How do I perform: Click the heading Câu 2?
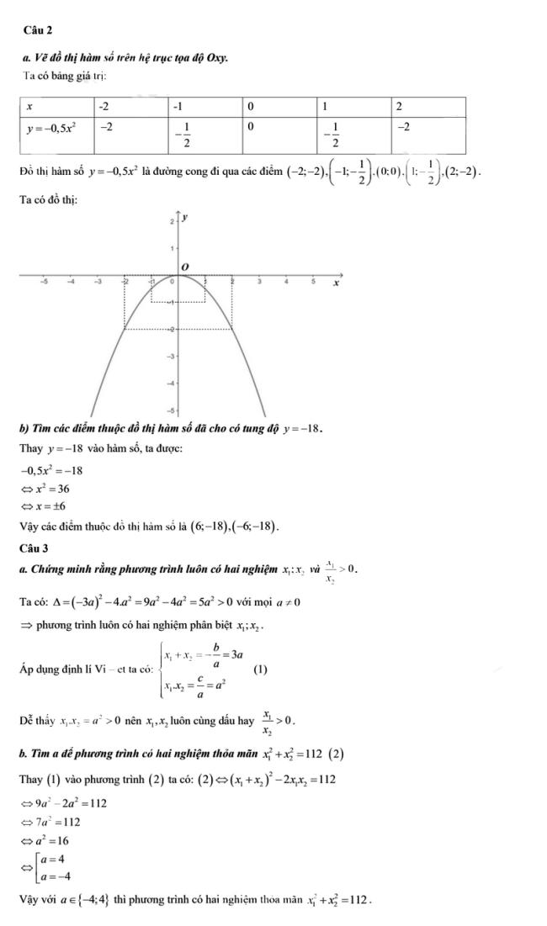[x=40, y=29]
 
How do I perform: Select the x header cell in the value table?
[x=30, y=108]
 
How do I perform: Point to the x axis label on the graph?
[x=335, y=284]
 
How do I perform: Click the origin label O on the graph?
[x=186, y=267]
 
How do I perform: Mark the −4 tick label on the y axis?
[x=171, y=384]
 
